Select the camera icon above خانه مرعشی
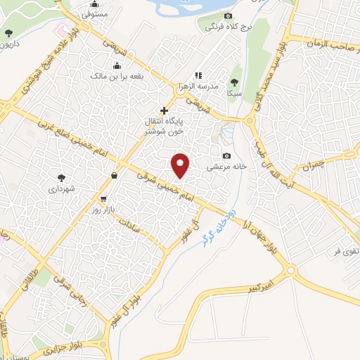tap(226, 156)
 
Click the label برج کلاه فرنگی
tap(228, 27)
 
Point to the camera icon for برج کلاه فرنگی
tap(227, 16)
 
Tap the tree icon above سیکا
tap(234, 81)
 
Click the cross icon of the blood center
tap(165, 110)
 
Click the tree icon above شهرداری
tap(62, 177)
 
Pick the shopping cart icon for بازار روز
tap(103, 199)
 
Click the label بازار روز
tap(102, 210)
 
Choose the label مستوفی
tap(94, 13)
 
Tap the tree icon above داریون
tap(8, 33)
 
